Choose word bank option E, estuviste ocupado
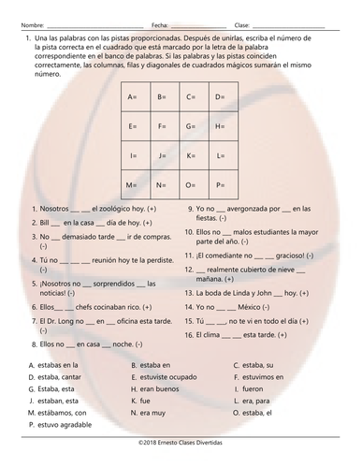pos(168,376)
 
